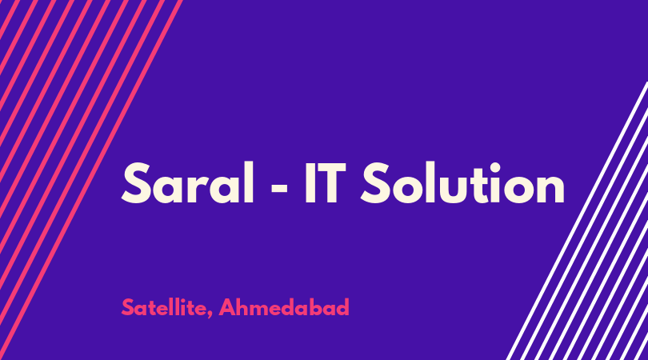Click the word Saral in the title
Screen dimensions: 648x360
(x=187, y=182)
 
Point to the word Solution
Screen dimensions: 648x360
(x=462, y=182)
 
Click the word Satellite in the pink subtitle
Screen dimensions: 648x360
(x=164, y=307)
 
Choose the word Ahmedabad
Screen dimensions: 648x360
(x=284, y=307)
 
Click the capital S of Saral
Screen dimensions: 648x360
(x=135, y=182)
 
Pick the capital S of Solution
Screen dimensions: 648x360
(x=375, y=182)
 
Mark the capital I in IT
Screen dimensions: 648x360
(x=310, y=183)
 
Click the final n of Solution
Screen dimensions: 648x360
(x=551, y=189)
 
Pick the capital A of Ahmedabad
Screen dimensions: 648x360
(x=228, y=307)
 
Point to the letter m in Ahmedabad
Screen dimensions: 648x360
(x=261, y=310)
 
